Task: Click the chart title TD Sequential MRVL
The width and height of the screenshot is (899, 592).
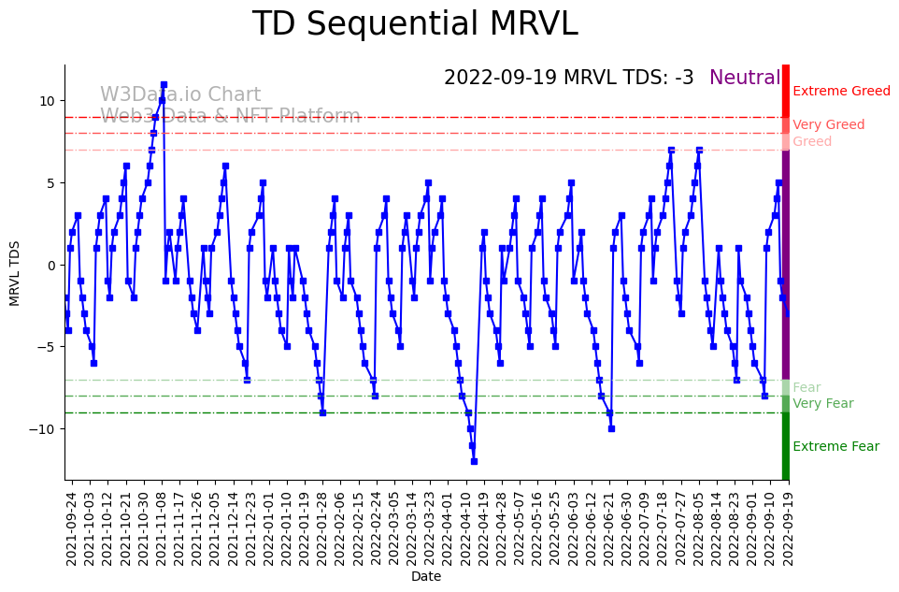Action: click(415, 24)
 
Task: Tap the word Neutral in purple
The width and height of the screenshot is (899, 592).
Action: click(744, 78)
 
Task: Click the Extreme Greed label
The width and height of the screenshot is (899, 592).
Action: click(841, 92)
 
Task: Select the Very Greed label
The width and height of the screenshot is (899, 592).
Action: click(828, 125)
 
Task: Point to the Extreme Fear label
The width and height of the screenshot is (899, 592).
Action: click(835, 447)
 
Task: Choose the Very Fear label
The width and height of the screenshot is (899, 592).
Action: click(822, 404)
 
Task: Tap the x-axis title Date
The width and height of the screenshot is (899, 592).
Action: click(425, 577)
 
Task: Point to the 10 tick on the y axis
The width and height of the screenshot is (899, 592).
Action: click(45, 101)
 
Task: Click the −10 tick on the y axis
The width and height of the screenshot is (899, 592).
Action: click(41, 429)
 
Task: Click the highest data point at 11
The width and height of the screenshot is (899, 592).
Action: click(164, 84)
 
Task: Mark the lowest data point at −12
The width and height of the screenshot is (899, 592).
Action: click(474, 461)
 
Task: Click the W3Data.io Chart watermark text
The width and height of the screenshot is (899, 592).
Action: click(180, 95)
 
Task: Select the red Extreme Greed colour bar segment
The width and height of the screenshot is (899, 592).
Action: click(786, 90)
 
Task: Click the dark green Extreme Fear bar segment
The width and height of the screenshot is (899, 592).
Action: click(786, 446)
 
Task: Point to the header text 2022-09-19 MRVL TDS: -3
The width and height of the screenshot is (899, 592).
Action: click(568, 78)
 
